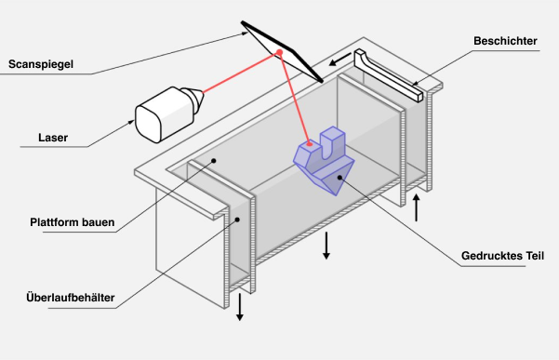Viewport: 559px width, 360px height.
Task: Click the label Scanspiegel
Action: (41, 64)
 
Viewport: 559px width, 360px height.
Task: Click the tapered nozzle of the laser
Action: (192, 98)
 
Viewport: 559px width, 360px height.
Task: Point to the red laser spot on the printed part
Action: (309, 144)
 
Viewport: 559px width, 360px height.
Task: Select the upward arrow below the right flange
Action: (417, 206)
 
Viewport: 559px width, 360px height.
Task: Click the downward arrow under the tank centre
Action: (326, 247)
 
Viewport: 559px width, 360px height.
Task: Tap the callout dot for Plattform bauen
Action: (213, 160)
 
